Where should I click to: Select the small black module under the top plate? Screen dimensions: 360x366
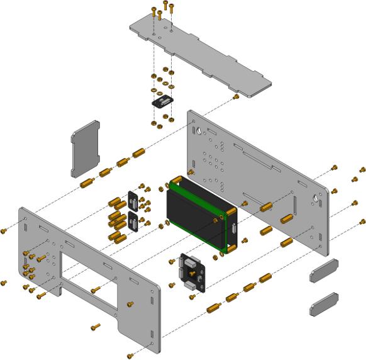[163, 100]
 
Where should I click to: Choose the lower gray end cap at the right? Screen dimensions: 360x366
[324, 303]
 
